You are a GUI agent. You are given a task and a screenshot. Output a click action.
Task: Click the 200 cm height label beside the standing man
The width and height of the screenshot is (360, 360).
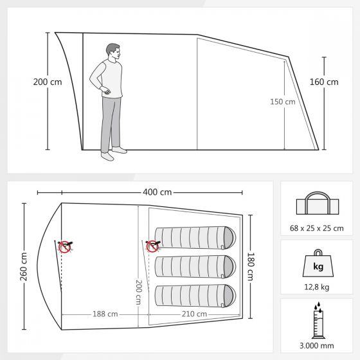click(x=48, y=82)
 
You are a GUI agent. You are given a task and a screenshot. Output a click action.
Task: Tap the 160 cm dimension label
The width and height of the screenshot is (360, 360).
click(x=324, y=82)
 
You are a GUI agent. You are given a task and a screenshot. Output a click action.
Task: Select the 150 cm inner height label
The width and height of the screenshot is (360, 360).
click(x=283, y=102)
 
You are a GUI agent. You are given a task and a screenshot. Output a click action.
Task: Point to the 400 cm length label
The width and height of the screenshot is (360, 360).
click(x=157, y=192)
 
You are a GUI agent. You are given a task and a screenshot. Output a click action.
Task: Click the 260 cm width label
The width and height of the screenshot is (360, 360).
click(x=24, y=266)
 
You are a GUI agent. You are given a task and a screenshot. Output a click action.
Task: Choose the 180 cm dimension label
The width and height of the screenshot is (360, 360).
click(x=251, y=266)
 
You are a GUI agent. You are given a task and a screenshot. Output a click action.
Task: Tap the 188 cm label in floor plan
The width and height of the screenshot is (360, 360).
click(x=105, y=314)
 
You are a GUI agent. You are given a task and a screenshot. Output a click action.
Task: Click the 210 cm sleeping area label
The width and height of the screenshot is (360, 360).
click(x=194, y=314)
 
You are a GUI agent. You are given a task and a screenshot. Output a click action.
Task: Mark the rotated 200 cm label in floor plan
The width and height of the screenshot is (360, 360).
click(x=138, y=292)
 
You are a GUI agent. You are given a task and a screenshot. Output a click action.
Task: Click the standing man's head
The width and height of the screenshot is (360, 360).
click(x=113, y=52)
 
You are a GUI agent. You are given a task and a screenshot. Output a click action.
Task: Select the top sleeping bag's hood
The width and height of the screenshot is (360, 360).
click(x=230, y=238)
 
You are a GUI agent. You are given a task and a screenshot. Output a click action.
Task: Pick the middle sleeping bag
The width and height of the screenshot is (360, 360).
click(x=195, y=267)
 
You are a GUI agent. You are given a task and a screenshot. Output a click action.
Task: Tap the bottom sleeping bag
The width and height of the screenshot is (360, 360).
click(x=195, y=296)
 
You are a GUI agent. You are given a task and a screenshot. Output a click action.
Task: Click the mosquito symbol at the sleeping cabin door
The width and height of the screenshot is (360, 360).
click(x=153, y=246)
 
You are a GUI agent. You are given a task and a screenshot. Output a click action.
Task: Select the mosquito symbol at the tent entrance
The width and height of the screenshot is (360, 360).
click(x=65, y=247)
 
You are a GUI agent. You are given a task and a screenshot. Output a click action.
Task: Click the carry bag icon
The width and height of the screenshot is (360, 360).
click(x=318, y=203)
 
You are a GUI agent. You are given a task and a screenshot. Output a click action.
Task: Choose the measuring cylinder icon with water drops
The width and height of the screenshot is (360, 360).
click(x=318, y=320)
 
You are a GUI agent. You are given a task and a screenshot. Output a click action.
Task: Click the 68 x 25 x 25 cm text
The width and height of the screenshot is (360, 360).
click(x=316, y=228)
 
